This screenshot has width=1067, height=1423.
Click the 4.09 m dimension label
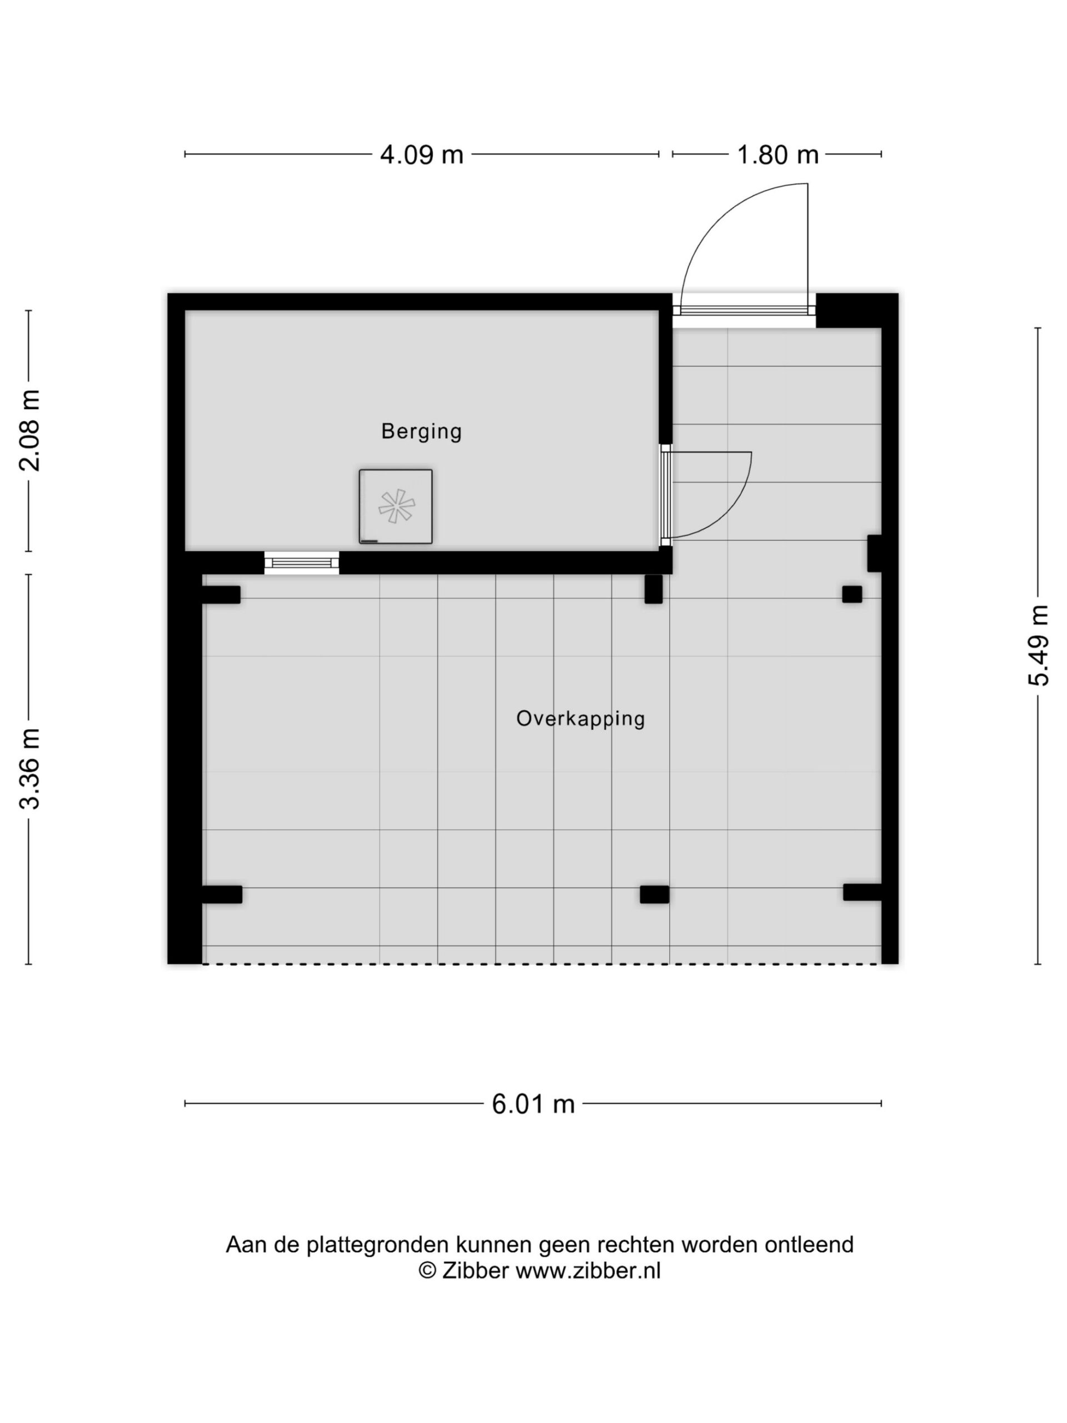coord(421,155)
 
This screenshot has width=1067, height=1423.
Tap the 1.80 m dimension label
coord(777,155)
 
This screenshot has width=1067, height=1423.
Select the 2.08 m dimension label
coord(30,430)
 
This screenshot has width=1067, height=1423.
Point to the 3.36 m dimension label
coord(30,769)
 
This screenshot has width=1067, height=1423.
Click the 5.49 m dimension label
coord(1038,645)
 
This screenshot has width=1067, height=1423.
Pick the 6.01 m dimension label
coord(532,1104)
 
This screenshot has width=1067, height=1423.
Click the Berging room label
coord(421,432)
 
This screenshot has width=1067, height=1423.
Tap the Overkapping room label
coord(580,719)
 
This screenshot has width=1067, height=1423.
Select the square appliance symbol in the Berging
coord(396,506)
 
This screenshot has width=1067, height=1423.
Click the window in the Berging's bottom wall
coord(302,563)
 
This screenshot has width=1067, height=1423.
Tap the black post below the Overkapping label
coord(654,894)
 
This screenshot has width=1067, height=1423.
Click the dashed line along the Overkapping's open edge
coord(541,964)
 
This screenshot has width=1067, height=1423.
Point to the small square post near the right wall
coord(851,594)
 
